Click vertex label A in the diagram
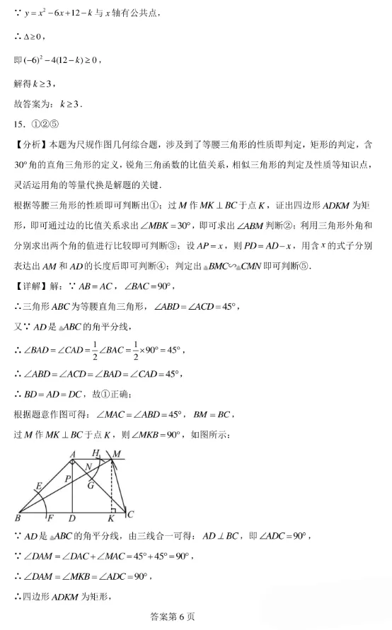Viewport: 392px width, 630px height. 73,453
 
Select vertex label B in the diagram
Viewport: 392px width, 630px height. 16,518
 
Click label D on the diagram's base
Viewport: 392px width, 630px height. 73,519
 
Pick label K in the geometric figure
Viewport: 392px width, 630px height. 111,519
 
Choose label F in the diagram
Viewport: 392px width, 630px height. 50,519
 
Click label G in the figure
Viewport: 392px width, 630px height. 91,485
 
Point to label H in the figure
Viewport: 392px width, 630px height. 96,453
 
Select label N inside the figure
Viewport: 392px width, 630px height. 87,467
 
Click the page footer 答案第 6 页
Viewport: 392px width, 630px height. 168,617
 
